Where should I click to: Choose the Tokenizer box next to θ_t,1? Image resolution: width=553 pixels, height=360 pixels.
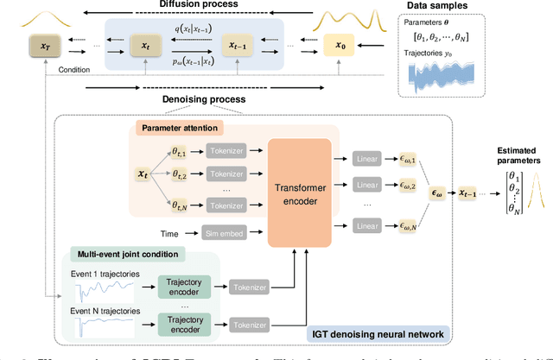226,150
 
